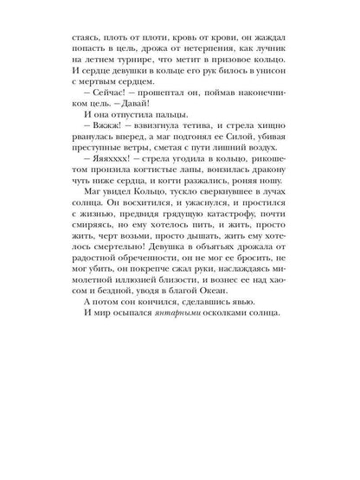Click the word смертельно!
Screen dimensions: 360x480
[114, 357]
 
